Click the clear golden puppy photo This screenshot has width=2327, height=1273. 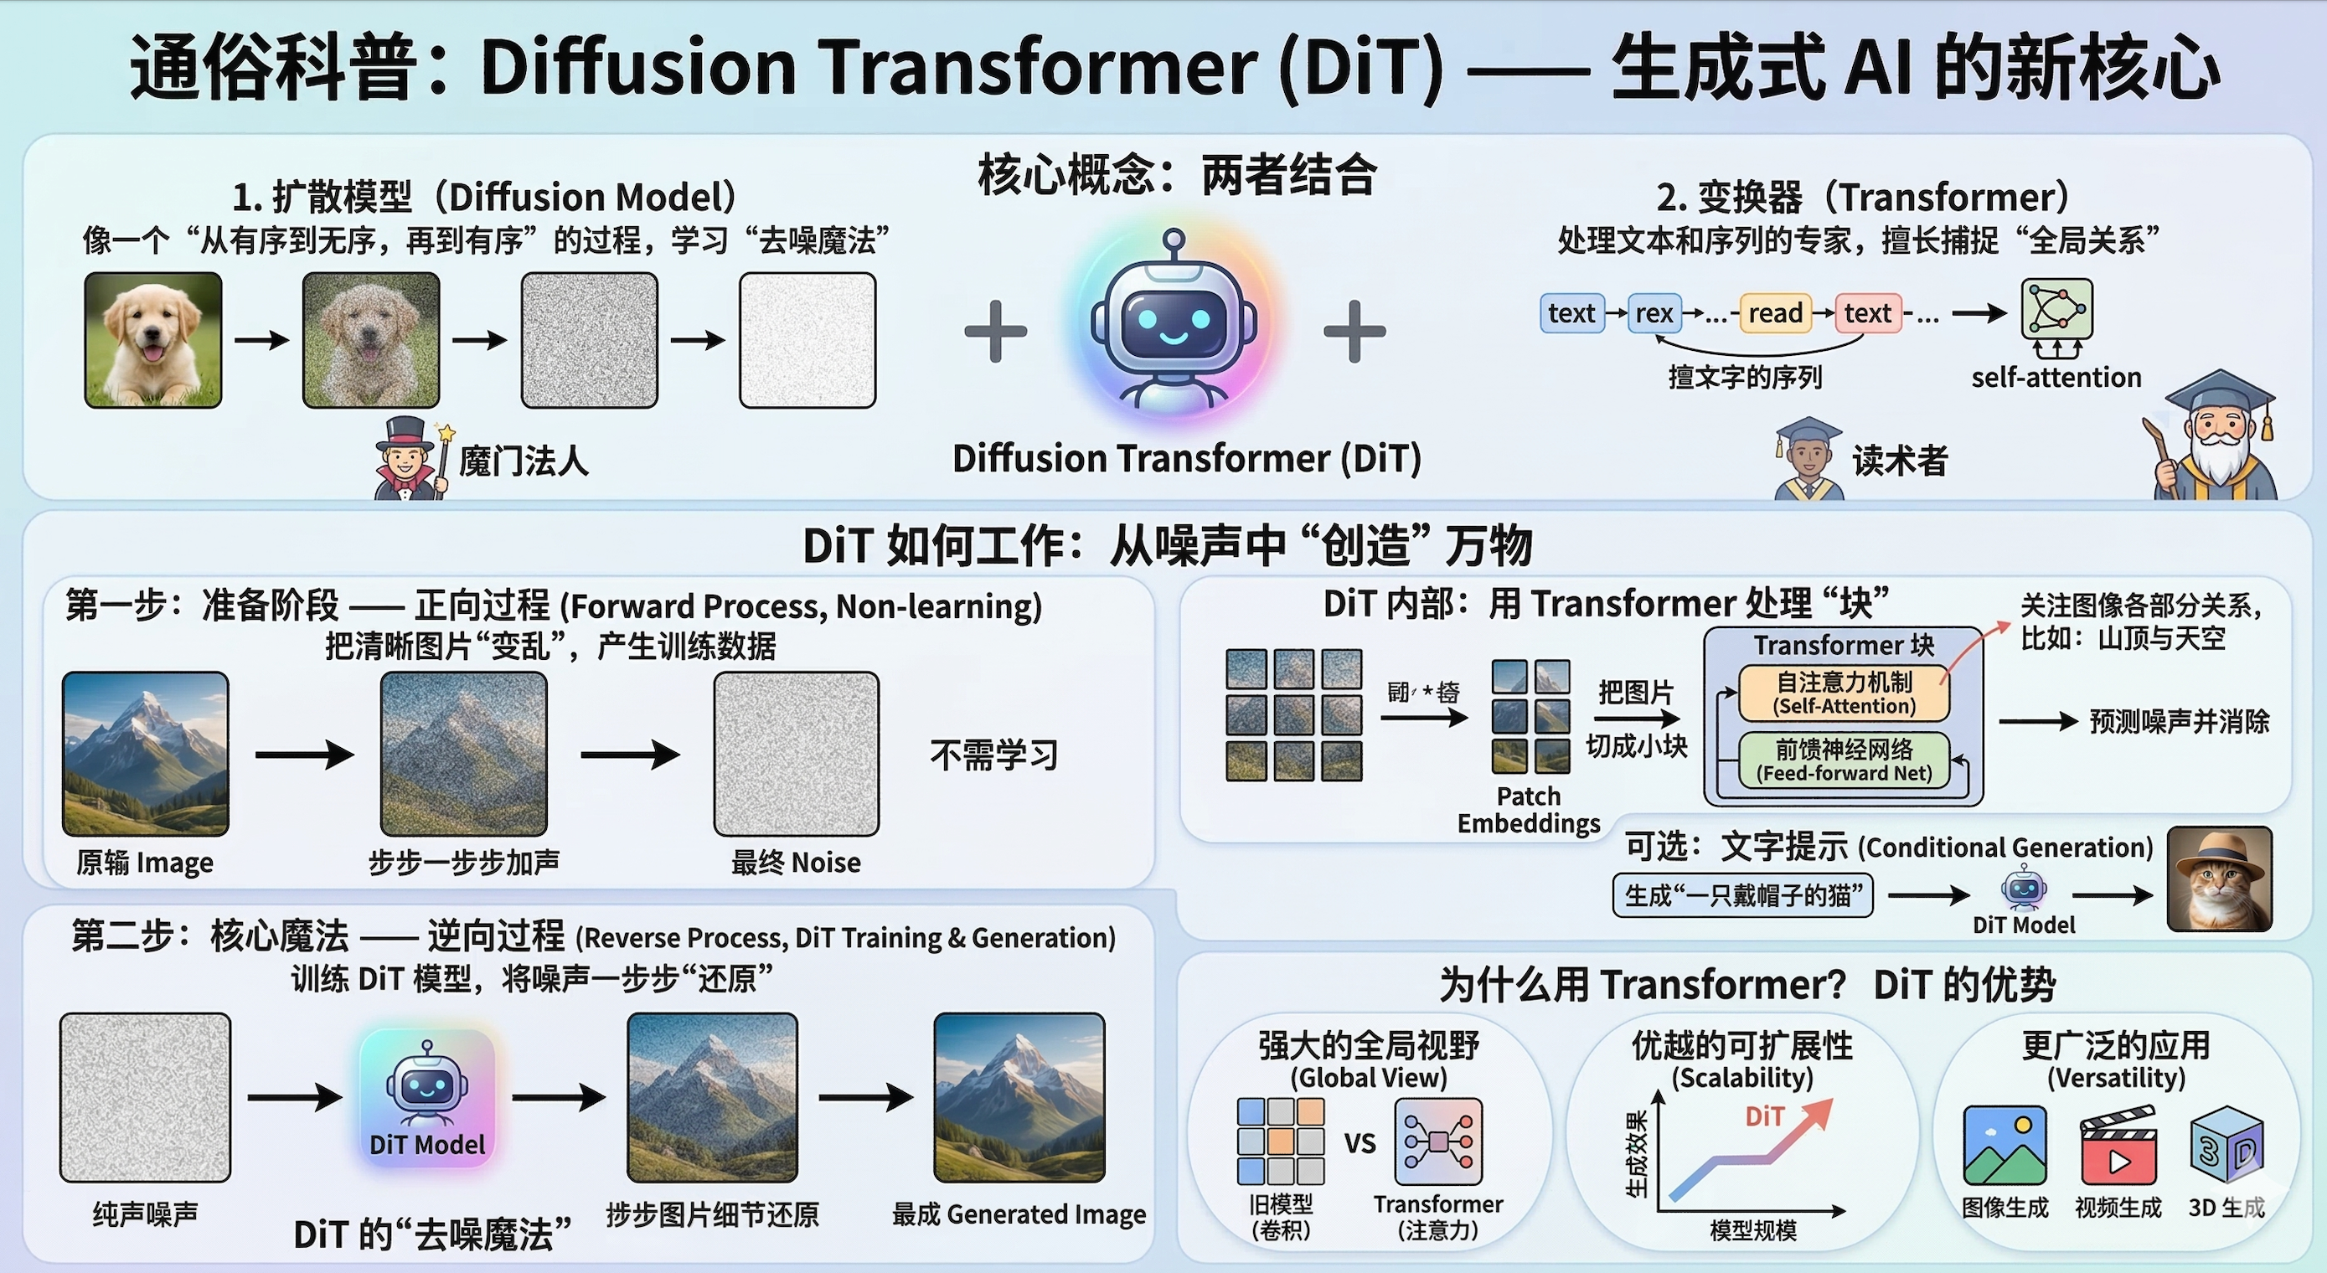(x=152, y=340)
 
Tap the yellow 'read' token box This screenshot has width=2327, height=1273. (x=1774, y=313)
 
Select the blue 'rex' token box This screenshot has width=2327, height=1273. (x=1654, y=313)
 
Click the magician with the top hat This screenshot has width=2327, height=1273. (x=406, y=459)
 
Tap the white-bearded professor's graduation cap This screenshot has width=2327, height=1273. (x=2220, y=393)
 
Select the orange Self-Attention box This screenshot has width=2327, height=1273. (x=1843, y=693)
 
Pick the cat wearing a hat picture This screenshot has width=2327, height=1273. (x=2219, y=879)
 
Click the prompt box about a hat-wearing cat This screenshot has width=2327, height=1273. (x=1742, y=895)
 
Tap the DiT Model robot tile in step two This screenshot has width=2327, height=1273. (x=427, y=1098)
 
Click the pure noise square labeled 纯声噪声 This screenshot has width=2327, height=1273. (x=145, y=1097)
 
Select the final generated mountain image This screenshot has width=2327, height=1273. (x=1019, y=1097)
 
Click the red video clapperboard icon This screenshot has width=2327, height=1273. (x=2118, y=1149)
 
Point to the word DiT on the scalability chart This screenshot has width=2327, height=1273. (x=1763, y=1116)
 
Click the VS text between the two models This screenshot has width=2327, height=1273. (x=1360, y=1143)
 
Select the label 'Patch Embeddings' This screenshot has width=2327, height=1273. (x=1529, y=810)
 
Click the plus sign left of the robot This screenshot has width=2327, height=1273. (x=995, y=332)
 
